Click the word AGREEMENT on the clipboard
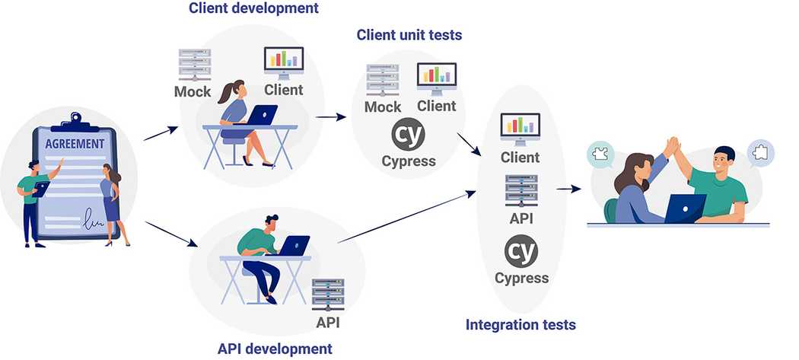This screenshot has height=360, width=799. point(75,144)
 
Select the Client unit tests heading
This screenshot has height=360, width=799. point(409,35)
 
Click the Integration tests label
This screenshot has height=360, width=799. point(520,325)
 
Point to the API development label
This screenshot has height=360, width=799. point(275,349)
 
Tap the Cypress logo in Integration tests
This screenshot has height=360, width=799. point(521,250)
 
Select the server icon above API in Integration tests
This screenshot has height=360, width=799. point(521,190)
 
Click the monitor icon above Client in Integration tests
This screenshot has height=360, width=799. point(520,129)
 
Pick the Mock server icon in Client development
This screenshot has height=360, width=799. point(194,65)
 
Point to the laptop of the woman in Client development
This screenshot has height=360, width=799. point(263,114)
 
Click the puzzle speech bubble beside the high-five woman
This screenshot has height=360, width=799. point(600,155)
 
